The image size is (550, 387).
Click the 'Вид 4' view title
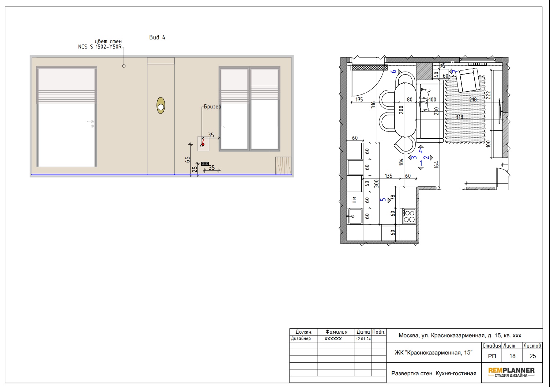point(157,37)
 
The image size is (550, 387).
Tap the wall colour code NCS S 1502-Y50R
point(100,47)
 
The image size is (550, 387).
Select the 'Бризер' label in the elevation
point(212,107)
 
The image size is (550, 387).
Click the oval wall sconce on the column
point(161,106)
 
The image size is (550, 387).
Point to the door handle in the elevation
point(90,122)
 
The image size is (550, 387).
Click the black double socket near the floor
point(205,164)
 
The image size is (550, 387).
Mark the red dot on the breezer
point(203,144)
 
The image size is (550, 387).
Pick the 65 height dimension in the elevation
point(188,160)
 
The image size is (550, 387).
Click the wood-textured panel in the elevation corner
point(283,165)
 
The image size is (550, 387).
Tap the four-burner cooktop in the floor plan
point(409,216)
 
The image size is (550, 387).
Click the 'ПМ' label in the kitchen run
point(354,200)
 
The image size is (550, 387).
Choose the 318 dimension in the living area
point(459,117)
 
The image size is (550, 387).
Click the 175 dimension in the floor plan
point(359,100)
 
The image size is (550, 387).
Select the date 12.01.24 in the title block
point(363,339)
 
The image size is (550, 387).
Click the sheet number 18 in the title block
point(512,356)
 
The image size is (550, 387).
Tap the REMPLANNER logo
point(512,372)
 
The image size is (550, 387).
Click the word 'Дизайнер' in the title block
point(301,338)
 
